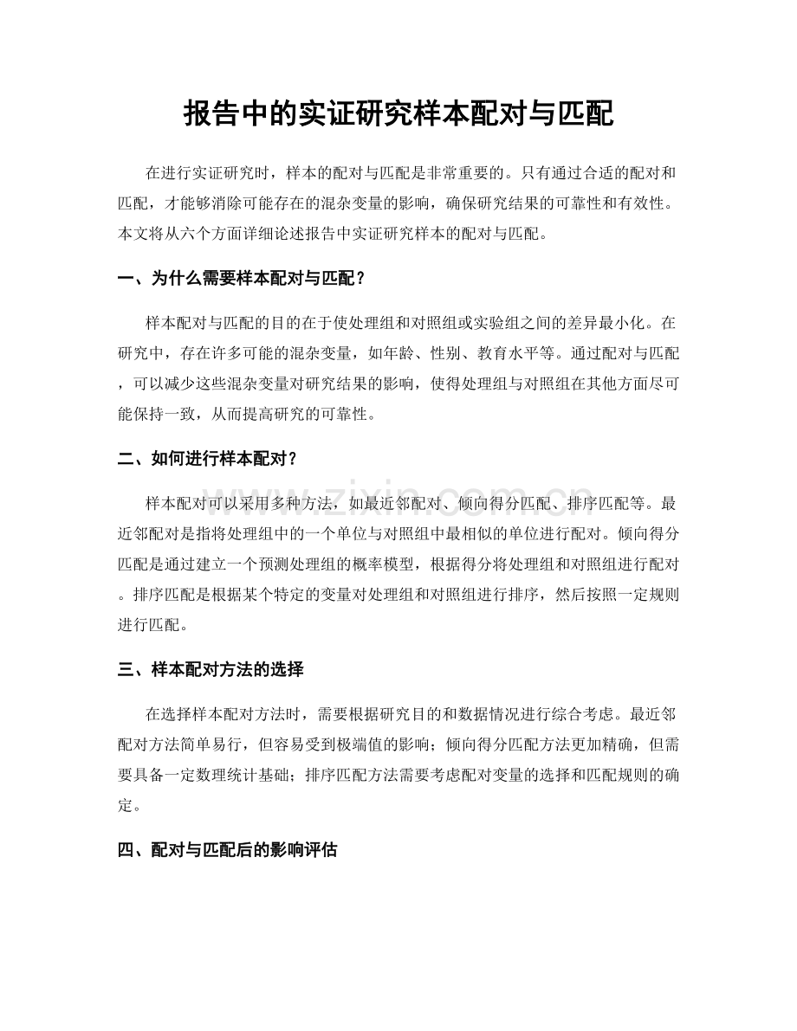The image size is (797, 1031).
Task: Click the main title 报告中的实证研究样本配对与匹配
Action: point(398,113)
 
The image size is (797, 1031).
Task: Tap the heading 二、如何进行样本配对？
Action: point(208,459)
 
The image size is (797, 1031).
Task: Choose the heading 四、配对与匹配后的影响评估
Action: point(227,850)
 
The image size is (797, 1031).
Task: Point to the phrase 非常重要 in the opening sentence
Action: point(472,172)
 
